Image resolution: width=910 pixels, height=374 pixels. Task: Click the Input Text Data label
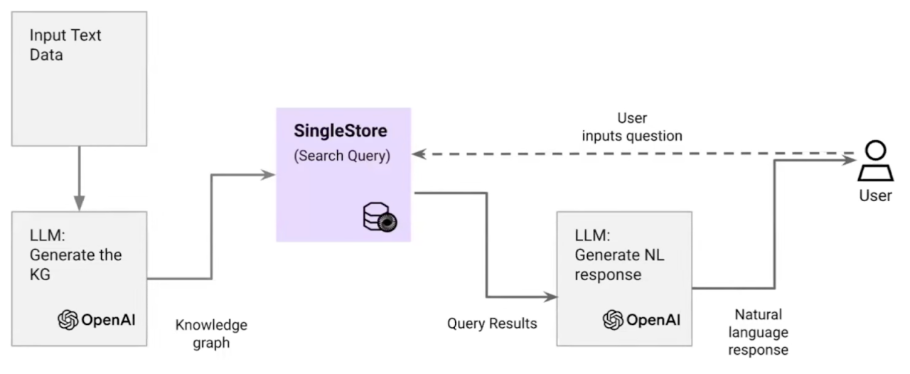click(x=66, y=44)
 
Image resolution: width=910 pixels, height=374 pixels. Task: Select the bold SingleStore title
click(x=342, y=132)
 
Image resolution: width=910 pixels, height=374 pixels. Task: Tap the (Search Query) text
click(x=342, y=156)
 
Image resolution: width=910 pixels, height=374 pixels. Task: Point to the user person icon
click(x=875, y=161)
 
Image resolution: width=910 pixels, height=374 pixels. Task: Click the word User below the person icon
click(x=875, y=195)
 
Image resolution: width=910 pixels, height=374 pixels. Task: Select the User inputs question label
click(x=633, y=126)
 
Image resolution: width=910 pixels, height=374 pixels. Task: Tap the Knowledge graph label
click(x=211, y=333)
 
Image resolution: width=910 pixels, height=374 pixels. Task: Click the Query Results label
click(x=492, y=324)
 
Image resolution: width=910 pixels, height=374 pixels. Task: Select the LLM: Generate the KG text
click(x=75, y=255)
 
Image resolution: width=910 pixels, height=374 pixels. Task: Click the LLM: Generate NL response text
click(x=619, y=255)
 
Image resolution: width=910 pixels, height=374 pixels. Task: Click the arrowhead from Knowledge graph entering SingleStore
click(x=268, y=174)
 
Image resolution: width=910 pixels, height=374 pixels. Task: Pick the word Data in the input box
click(x=46, y=54)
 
